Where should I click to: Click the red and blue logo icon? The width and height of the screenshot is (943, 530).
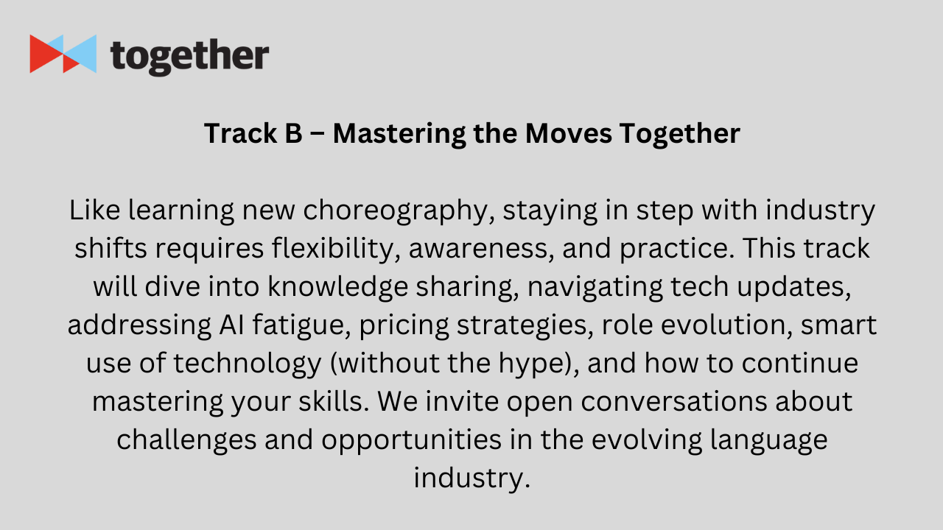[63, 54]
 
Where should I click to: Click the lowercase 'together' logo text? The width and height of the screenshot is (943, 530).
[189, 57]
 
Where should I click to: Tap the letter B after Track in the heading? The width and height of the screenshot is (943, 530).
[294, 133]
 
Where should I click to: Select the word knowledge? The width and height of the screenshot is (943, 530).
[338, 287]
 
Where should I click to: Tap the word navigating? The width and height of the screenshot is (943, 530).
[595, 287]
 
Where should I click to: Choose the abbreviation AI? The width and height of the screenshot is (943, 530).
[231, 325]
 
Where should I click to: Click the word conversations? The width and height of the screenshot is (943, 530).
[674, 402]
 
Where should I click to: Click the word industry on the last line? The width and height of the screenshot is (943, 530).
[471, 478]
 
